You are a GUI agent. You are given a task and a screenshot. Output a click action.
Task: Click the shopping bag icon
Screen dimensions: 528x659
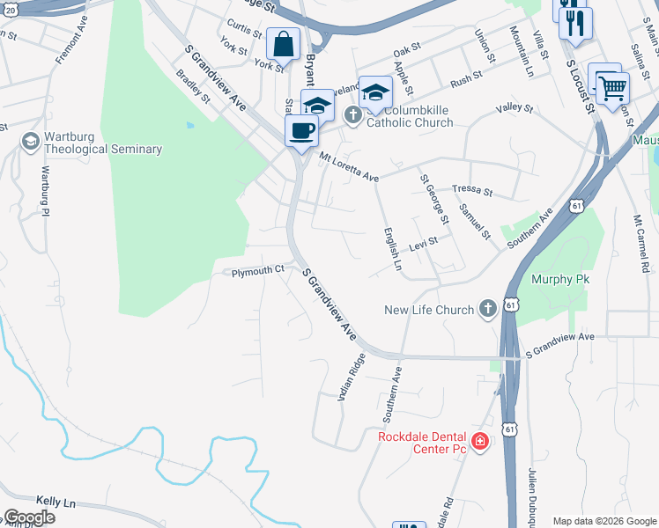tap(284, 43)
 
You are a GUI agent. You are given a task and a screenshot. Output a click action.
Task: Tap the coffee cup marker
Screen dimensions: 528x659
tap(302, 131)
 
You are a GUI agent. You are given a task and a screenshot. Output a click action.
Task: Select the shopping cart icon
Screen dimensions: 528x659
tap(611, 87)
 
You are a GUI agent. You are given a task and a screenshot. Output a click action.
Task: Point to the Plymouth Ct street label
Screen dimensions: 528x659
tap(257, 272)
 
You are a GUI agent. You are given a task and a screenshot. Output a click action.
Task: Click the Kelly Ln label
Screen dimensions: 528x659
tap(56, 502)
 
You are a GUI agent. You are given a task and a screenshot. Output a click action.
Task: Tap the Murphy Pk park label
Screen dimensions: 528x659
tap(559, 279)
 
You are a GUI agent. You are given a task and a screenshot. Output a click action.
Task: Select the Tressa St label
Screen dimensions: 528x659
tap(471, 189)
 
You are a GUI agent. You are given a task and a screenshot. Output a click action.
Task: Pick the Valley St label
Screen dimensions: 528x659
tap(515, 108)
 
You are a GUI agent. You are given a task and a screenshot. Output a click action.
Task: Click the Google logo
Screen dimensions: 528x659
tap(29, 517)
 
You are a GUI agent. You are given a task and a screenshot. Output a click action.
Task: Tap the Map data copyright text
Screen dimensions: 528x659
tap(603, 521)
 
